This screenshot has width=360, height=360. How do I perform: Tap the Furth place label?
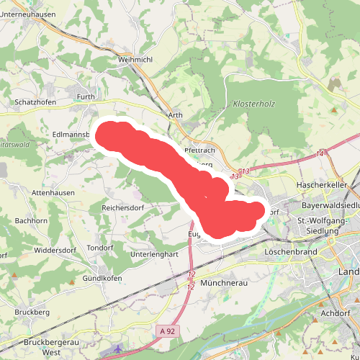click(86, 96)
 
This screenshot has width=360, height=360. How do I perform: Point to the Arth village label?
click(175, 115)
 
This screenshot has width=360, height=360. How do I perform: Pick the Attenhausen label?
click(53, 194)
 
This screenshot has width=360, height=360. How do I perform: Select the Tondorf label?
click(101, 248)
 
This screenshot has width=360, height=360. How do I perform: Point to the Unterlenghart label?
click(155, 254)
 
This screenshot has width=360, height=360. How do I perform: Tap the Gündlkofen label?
click(102, 278)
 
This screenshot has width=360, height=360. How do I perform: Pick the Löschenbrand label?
click(290, 253)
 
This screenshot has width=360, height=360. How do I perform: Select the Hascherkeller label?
click(322, 185)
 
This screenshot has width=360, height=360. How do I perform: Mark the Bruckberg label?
click(32, 313)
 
